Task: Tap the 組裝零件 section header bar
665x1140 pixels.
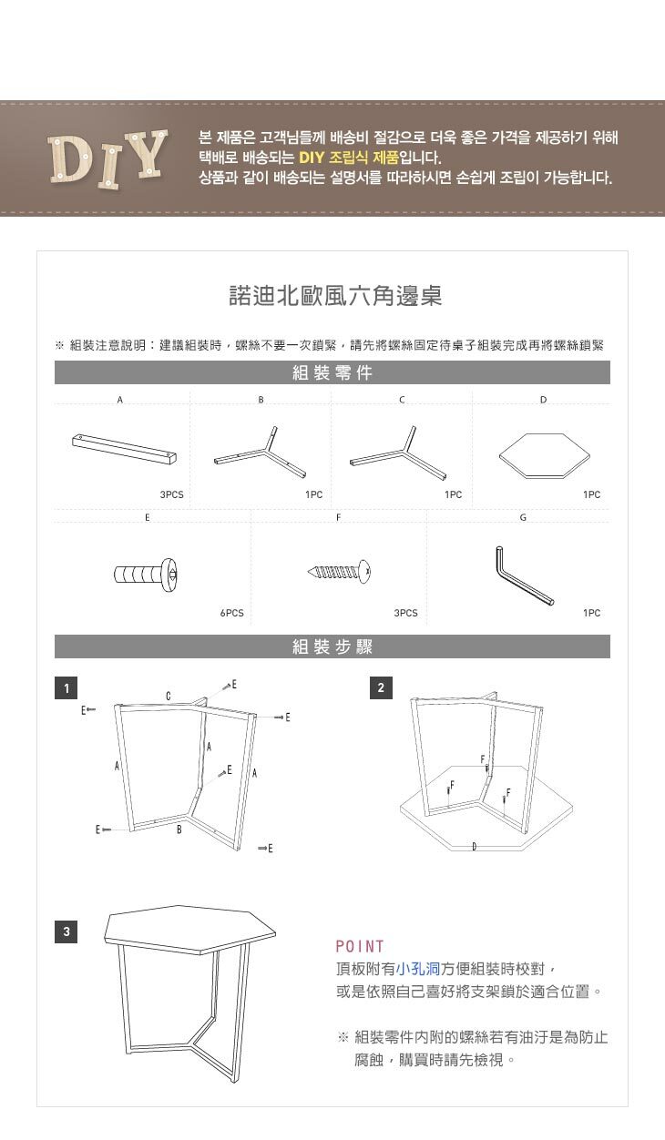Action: coord(332,372)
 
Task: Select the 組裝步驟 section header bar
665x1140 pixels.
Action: coord(332,646)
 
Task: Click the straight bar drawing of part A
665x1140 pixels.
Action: coord(123,448)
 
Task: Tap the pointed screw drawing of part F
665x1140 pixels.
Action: coord(341,572)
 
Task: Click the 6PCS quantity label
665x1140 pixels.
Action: coord(231,613)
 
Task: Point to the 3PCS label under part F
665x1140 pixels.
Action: coord(405,613)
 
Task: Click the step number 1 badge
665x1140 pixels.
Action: coord(66,687)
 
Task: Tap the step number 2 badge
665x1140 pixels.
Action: coord(383,687)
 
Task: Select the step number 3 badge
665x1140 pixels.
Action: coord(66,931)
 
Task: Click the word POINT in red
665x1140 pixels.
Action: coord(360,946)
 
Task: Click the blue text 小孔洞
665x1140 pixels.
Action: coord(418,968)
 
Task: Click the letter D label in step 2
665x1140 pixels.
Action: coord(475,847)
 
